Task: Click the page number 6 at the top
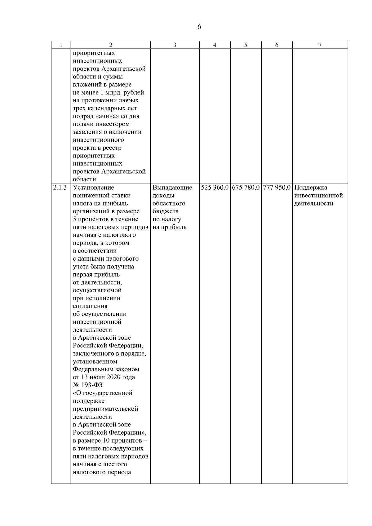[x=199, y=27]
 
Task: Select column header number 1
[x=61, y=45]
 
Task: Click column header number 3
[x=175, y=45]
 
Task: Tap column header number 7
[x=320, y=45]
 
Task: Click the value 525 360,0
[x=215, y=188]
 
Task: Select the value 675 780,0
[x=246, y=188]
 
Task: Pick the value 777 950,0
[x=277, y=188]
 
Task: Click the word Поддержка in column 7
[x=311, y=188]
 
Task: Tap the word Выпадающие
[x=172, y=188]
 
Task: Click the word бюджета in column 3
[x=165, y=211]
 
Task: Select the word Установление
[x=93, y=188]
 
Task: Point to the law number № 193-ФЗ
[x=88, y=385]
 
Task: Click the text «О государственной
[x=103, y=393]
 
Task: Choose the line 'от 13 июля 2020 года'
[x=104, y=377]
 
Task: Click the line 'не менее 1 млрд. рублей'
[x=108, y=92]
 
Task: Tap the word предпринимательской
[x=105, y=409]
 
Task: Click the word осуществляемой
[x=97, y=290]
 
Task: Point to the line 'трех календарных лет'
[x=105, y=108]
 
